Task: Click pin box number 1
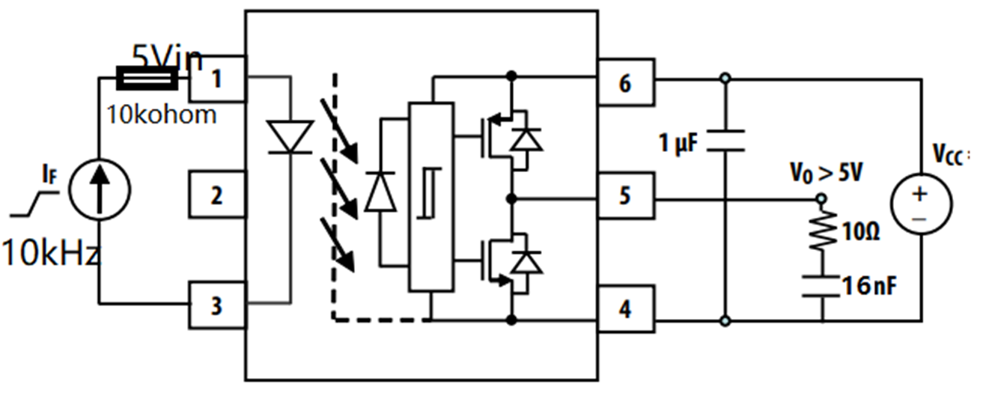217,79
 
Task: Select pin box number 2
217,195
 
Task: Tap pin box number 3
217,306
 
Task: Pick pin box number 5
626,196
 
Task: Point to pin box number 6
626,83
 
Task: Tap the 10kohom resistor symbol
147,77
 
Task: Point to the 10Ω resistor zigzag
821,231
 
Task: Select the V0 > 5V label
827,173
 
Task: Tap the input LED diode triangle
290,137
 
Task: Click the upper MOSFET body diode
529,139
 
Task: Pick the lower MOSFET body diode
529,262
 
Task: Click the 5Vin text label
168,56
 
